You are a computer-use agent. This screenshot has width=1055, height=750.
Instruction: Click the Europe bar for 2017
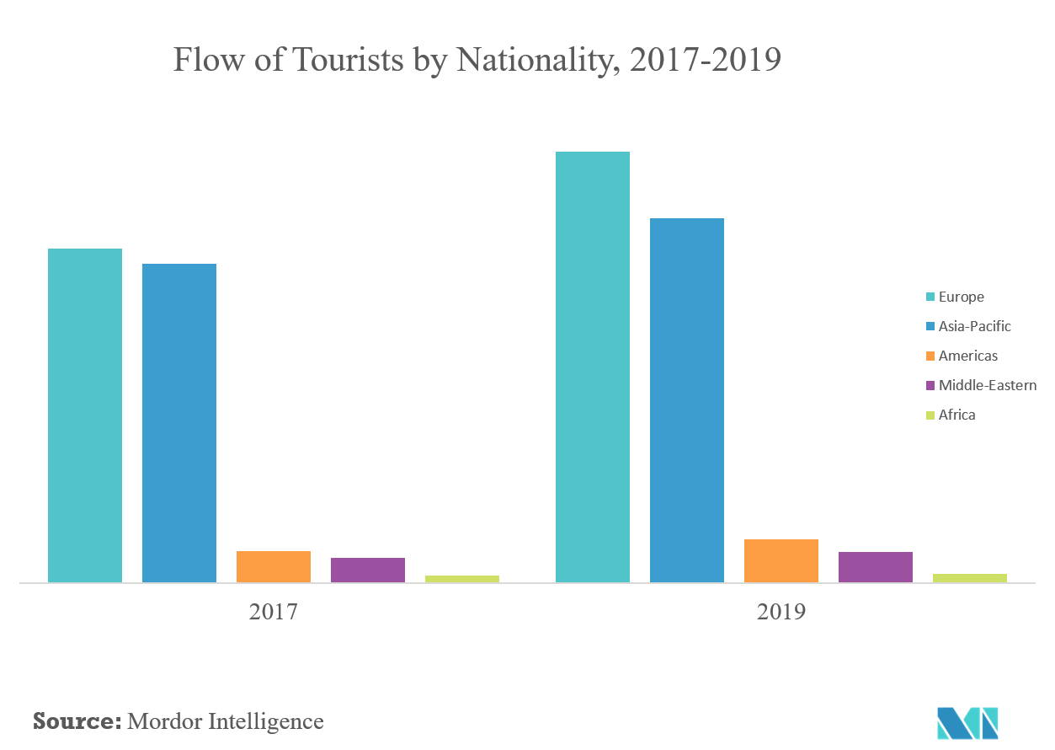click(x=85, y=415)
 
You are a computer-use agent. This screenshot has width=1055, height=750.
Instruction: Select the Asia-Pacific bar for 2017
click(x=179, y=423)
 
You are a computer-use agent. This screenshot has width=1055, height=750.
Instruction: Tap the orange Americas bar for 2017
click(x=274, y=566)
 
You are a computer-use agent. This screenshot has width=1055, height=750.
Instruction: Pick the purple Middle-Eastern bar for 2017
click(x=368, y=570)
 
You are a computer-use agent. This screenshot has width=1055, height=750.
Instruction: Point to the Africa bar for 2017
click(x=462, y=579)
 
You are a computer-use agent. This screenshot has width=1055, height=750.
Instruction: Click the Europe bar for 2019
click(x=593, y=367)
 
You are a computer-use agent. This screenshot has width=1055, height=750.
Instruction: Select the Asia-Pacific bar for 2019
click(x=687, y=400)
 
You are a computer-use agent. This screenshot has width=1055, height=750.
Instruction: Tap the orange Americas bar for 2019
click(x=781, y=560)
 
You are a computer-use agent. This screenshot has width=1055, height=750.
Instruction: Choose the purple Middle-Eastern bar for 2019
click(x=876, y=567)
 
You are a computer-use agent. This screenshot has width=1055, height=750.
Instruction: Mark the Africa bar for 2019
click(x=970, y=578)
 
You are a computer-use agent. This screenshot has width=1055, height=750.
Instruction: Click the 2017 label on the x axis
click(x=274, y=612)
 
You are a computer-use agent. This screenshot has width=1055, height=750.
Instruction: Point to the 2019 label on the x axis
click(x=781, y=612)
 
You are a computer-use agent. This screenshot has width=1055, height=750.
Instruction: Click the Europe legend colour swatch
click(x=930, y=297)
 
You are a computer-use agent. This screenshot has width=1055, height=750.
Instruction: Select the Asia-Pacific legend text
click(x=975, y=326)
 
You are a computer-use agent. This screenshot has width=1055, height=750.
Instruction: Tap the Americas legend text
click(x=968, y=356)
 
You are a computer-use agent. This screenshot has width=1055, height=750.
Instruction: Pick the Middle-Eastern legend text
click(x=988, y=385)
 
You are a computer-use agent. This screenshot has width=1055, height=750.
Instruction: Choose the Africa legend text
click(x=957, y=415)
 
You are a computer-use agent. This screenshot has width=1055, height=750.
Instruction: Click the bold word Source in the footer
click(x=75, y=721)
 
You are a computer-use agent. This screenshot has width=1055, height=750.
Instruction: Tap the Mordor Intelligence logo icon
click(x=967, y=723)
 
